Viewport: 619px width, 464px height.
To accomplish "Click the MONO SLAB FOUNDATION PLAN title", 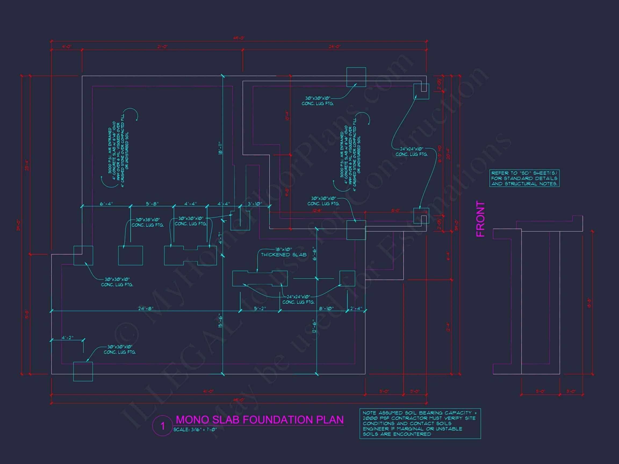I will point(260,420).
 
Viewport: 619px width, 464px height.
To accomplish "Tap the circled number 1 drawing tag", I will point(162,426).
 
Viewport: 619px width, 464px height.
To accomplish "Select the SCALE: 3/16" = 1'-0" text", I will point(195,429).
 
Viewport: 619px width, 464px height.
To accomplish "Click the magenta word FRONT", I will point(480,219).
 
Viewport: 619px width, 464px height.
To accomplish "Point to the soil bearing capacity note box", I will point(420,423).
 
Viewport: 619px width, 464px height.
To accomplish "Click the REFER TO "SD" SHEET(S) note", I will point(524,178).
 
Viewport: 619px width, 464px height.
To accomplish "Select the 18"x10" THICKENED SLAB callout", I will point(283,252).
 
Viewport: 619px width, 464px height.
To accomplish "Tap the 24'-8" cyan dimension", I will point(146,309).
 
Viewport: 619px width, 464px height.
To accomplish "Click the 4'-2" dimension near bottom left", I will point(67,338).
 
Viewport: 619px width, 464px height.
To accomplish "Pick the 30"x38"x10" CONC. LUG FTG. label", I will point(147,222).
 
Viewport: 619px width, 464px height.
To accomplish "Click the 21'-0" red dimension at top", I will point(162,47).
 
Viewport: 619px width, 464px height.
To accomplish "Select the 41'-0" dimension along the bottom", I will point(208,391).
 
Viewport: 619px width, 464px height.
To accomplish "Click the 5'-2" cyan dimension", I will point(260,309).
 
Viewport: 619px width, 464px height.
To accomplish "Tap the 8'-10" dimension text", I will point(326,309).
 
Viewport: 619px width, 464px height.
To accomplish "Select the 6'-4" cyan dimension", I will point(106,204).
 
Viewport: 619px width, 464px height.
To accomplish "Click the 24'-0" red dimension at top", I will point(334,47).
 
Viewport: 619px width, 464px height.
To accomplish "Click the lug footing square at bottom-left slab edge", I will point(83,371).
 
